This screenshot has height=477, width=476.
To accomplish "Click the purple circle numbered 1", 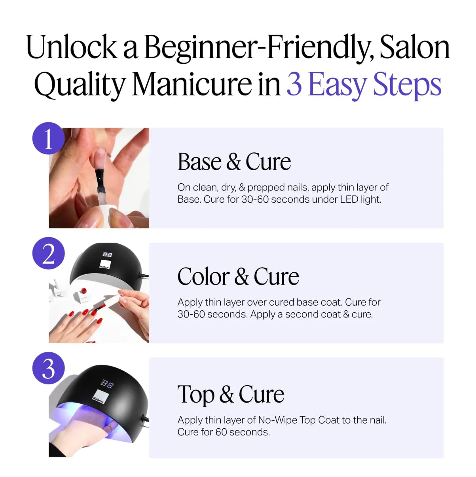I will click(x=48, y=138).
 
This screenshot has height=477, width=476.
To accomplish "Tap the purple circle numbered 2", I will click(x=48, y=253).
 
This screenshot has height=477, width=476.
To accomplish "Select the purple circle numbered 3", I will click(x=48, y=368).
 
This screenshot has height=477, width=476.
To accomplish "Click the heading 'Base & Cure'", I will click(x=234, y=162).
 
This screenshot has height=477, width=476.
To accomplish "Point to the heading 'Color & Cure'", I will click(x=238, y=276).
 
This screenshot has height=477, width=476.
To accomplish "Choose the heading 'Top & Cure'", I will click(x=231, y=394).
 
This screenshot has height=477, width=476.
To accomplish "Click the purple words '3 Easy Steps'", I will click(x=364, y=84).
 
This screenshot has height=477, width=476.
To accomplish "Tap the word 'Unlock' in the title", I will click(x=72, y=48).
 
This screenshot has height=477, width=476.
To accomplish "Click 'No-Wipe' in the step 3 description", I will click(x=277, y=420).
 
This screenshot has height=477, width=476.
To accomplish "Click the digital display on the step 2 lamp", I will click(x=107, y=255).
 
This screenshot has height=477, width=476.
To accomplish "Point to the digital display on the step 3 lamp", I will click(x=108, y=384).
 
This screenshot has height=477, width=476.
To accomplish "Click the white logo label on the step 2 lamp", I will click(x=105, y=265).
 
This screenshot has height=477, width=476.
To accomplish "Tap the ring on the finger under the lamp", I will click(x=110, y=427).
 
